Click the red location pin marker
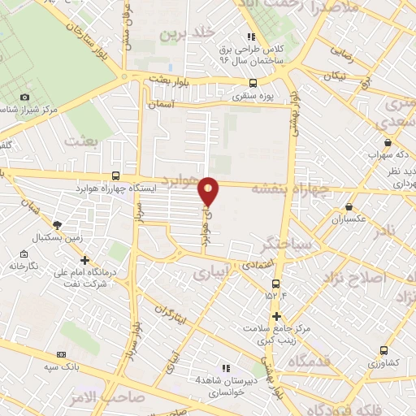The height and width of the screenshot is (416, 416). tap(209, 190)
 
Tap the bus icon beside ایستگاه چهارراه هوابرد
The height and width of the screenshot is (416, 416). tap(115, 176)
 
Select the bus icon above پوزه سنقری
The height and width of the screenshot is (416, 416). tap(253, 83)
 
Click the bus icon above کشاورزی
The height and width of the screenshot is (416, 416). tap(383, 350)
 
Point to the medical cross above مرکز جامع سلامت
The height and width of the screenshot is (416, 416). tap(277, 315)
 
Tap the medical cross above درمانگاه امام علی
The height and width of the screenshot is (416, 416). tap(85, 260)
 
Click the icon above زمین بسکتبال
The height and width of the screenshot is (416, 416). tap(55, 225)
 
